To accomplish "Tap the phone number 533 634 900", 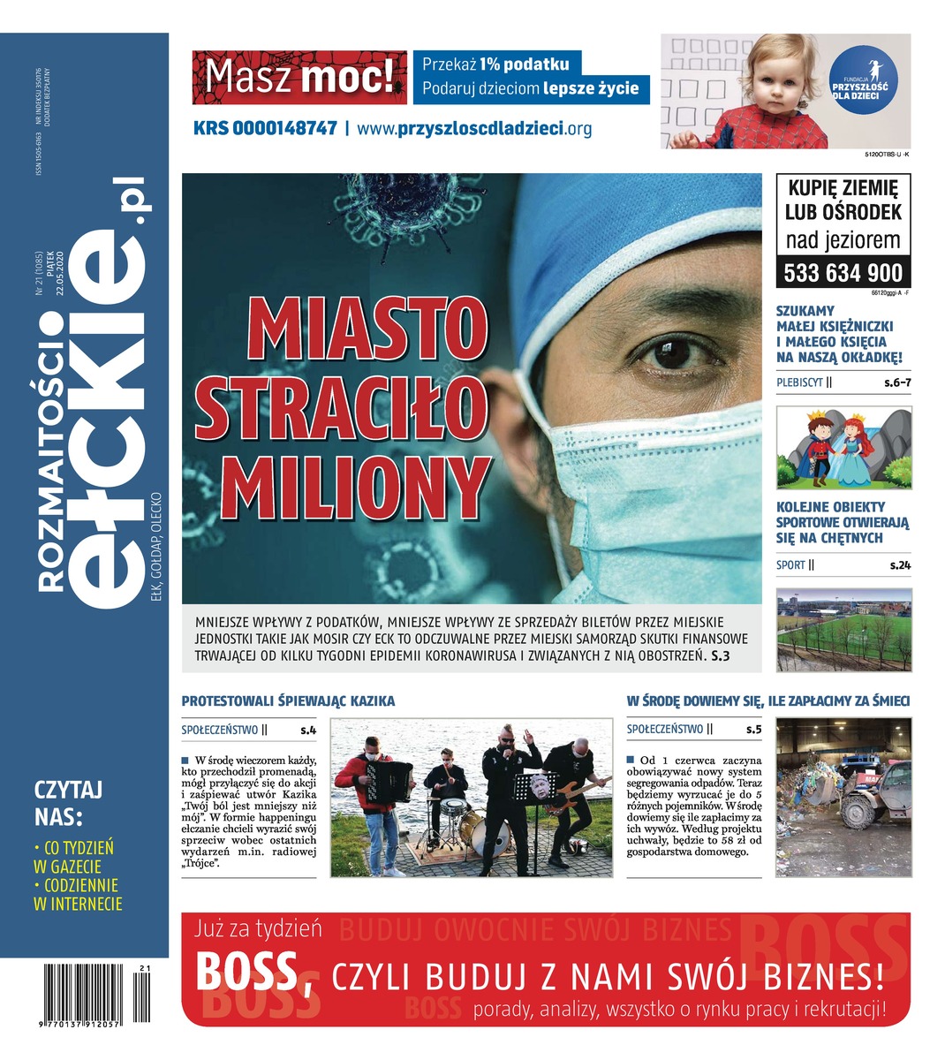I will click(x=843, y=272).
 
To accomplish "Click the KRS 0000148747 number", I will click(x=265, y=128).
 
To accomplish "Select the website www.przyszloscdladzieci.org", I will click(x=474, y=128).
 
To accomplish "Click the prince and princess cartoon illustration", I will click(x=843, y=447).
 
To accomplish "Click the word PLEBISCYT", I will click(x=799, y=383).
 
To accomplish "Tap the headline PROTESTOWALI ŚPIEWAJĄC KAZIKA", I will click(x=288, y=700).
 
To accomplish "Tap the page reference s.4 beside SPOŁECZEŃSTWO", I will click(x=307, y=730).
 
